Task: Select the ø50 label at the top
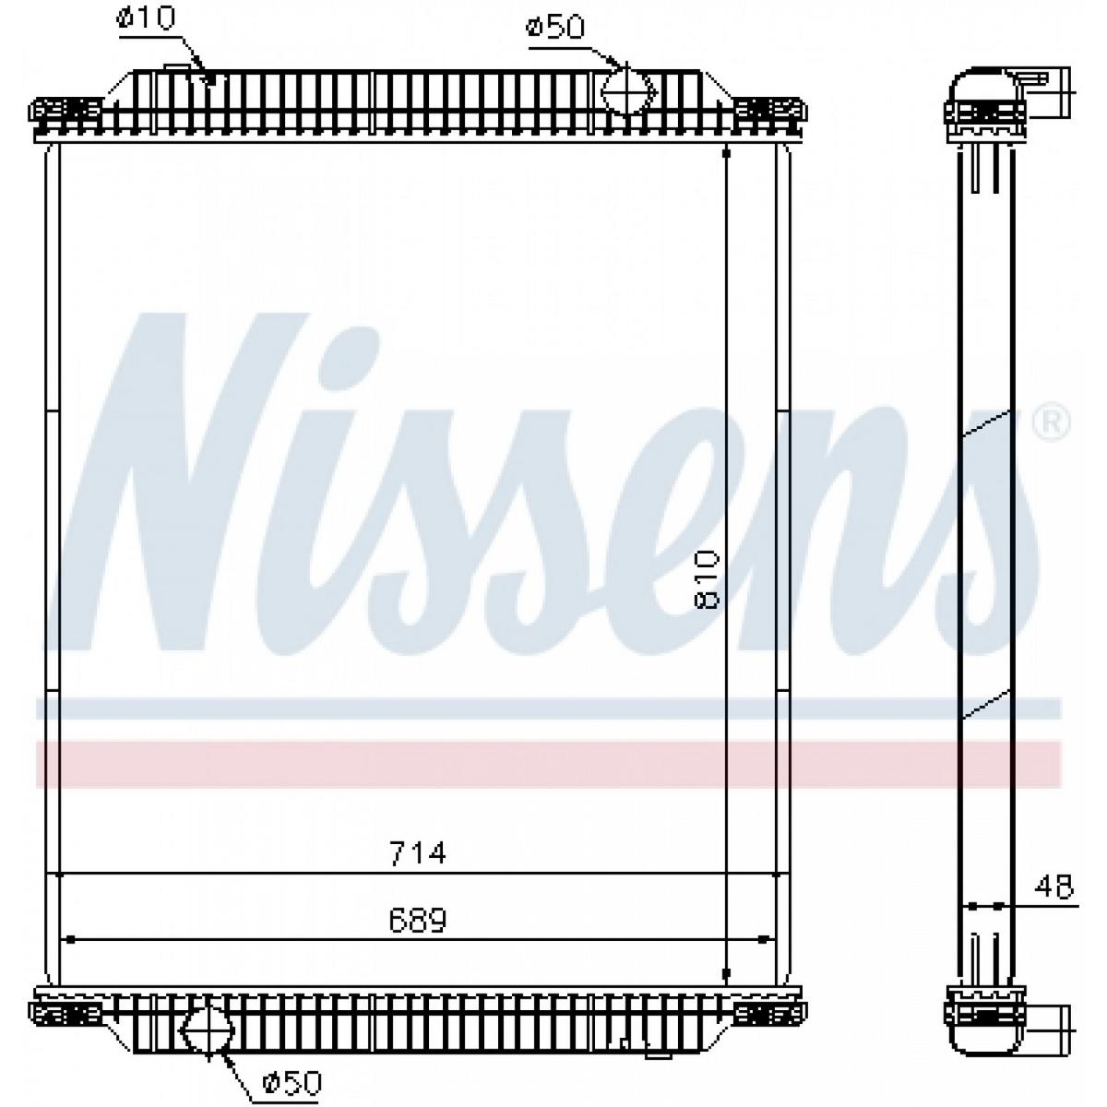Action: tap(555, 27)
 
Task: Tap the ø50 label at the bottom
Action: tap(292, 1083)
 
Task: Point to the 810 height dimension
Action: tap(708, 579)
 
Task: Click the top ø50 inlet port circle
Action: tap(628, 90)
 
